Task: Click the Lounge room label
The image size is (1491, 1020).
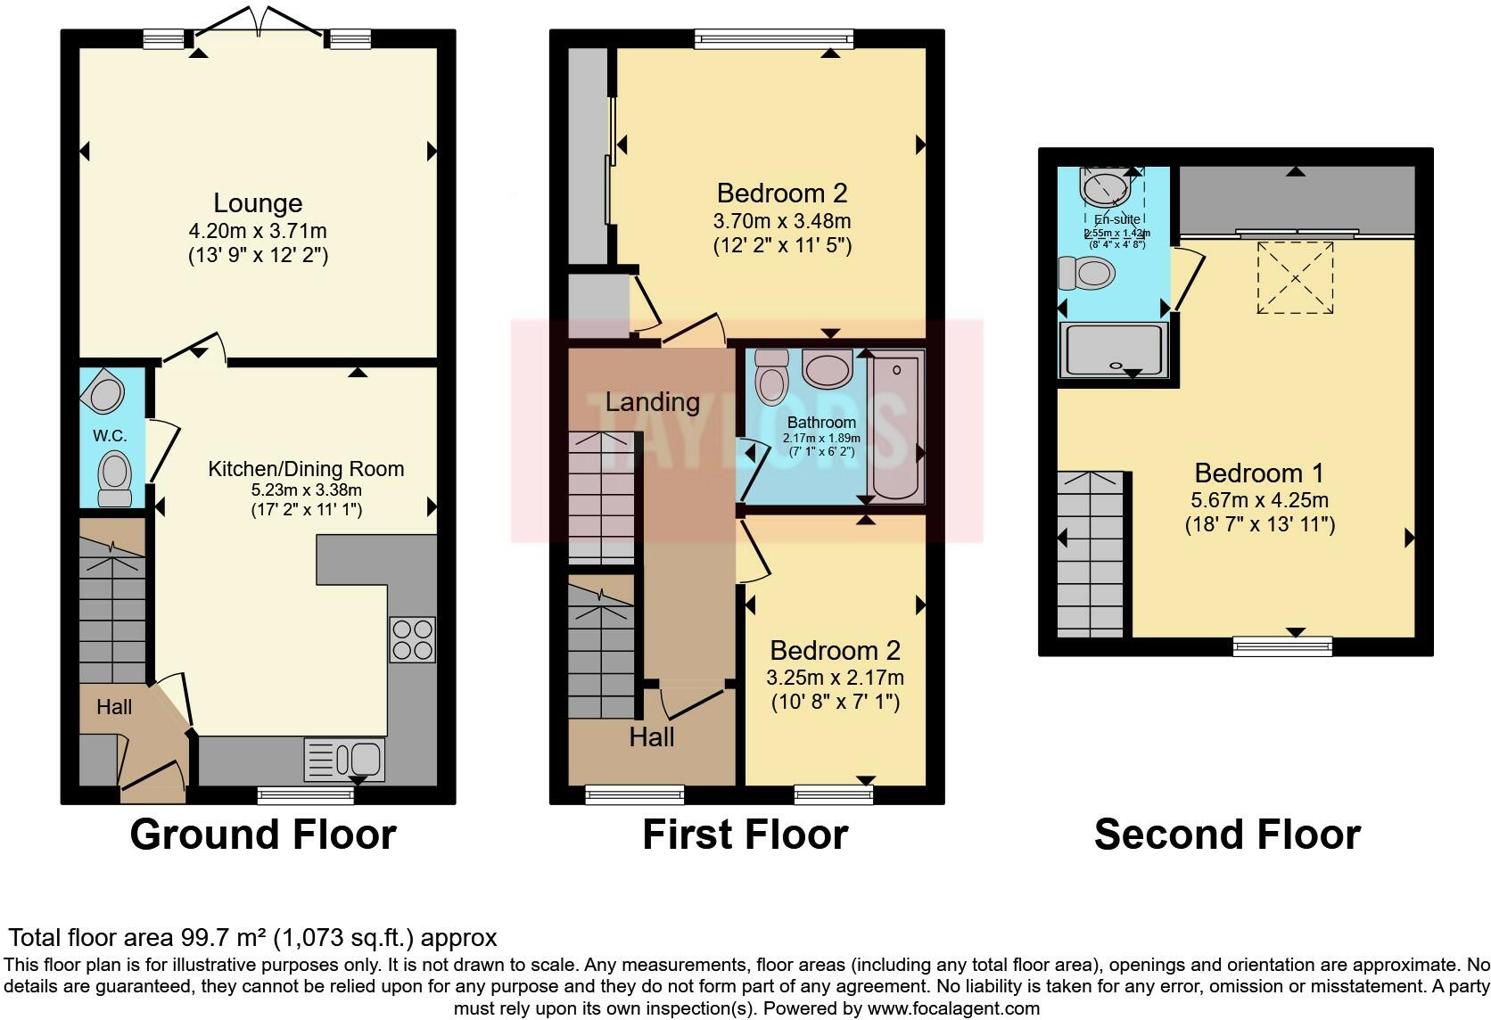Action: pos(258,203)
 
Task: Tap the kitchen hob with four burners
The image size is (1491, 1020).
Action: pos(412,639)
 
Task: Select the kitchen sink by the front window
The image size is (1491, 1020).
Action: pos(344,759)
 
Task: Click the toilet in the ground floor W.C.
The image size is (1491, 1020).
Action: pos(114,478)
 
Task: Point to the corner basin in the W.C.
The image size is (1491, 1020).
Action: pos(103,392)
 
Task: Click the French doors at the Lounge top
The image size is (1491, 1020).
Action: pos(258,27)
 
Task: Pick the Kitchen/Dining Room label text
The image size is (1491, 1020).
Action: pos(306,469)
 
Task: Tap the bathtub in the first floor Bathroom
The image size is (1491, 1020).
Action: pos(895,426)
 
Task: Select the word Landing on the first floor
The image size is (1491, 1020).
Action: pos(652,402)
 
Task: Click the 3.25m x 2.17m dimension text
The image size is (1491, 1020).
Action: pos(835,678)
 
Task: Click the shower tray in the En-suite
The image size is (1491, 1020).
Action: pos(1112,350)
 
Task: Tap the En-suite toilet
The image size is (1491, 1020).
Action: pos(1085,273)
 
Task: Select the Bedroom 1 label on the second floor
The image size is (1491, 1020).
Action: pos(1259,473)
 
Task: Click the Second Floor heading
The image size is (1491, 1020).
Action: pos(1227,835)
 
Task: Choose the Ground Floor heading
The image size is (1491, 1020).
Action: pos(263,835)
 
